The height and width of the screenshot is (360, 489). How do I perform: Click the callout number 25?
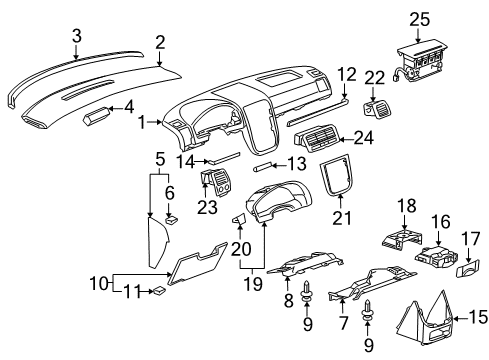(x=419, y=18)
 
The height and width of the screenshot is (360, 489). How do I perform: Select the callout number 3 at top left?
(x=75, y=37)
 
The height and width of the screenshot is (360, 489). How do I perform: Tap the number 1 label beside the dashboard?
(x=142, y=122)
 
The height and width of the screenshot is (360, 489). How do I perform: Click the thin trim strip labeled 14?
(x=224, y=157)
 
